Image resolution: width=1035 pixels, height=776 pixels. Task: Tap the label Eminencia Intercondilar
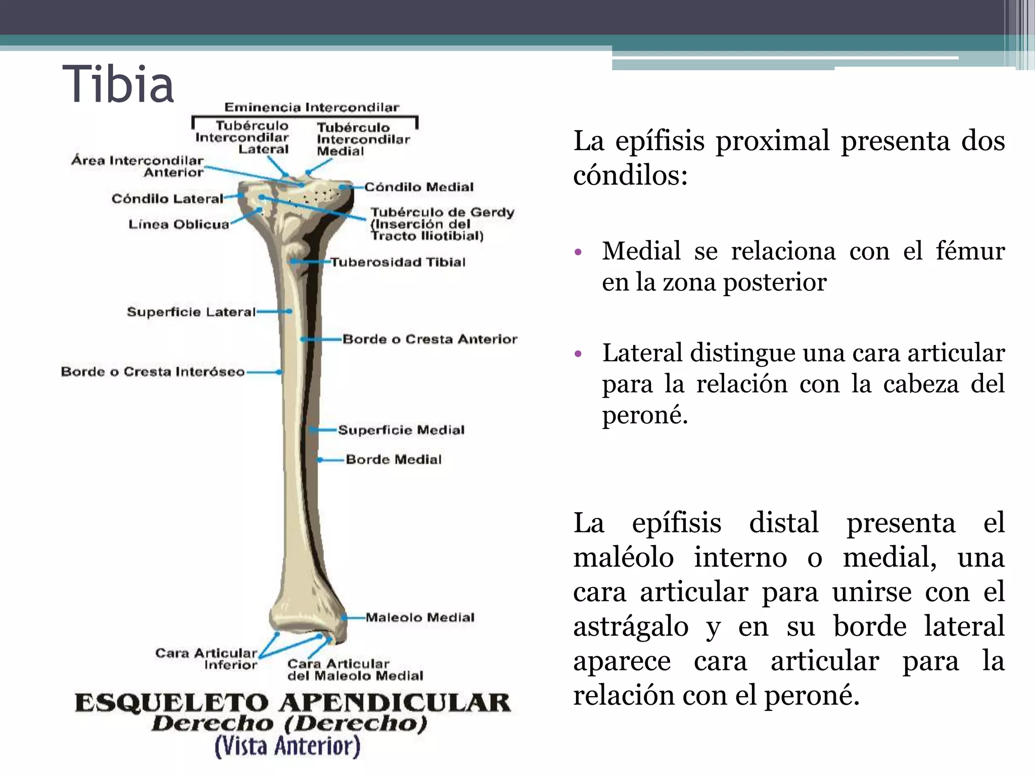click(x=312, y=107)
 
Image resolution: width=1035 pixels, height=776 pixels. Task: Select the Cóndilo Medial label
click(x=419, y=187)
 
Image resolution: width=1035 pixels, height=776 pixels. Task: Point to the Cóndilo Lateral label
click(x=167, y=199)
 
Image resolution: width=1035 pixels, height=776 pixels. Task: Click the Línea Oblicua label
click(x=179, y=224)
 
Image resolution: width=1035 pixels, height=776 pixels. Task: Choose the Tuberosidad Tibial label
click(x=398, y=262)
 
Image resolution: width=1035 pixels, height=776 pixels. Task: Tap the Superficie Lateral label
click(x=192, y=312)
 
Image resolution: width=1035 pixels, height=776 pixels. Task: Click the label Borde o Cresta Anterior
click(x=430, y=339)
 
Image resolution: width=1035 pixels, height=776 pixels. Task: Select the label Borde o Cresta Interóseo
click(x=153, y=372)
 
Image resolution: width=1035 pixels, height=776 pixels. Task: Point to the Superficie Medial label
click(x=401, y=430)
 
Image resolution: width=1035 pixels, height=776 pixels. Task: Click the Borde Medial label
click(x=394, y=459)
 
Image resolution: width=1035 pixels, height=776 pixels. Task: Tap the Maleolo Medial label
click(x=420, y=617)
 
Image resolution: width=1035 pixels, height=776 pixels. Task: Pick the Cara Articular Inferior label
click(x=206, y=659)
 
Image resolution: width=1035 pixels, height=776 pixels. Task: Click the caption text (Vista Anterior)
click(x=288, y=746)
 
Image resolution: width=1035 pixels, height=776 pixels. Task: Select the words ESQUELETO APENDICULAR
click(x=293, y=703)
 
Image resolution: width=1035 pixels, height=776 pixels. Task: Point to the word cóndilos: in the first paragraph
click(x=630, y=176)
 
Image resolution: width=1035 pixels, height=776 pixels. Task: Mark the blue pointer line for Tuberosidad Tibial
click(x=310, y=262)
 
